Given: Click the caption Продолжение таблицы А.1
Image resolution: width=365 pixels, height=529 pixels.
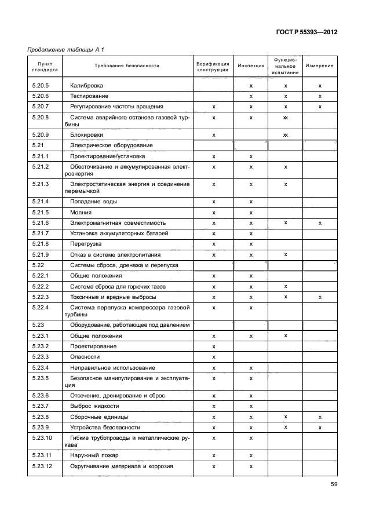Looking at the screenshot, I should coord(62,50).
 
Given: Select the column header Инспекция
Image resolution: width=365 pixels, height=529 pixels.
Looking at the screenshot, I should coord(251,66).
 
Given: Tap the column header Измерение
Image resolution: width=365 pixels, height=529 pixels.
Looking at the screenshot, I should coord(320,66).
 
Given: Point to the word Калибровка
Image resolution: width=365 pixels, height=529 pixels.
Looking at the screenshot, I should coord(86,86).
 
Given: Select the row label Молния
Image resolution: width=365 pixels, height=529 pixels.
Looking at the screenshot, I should coord(81,212).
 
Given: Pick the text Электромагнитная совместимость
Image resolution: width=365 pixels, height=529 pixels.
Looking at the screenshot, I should coord(118,222).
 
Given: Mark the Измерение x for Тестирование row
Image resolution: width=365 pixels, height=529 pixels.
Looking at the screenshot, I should coord(320,96).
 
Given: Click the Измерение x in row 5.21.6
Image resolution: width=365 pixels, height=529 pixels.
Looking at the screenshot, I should coord(320,222).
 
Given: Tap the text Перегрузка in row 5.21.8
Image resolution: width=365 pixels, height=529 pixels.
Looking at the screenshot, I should coord(86,244).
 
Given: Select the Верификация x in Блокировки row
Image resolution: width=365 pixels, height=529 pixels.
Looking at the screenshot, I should coord(214,134).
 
